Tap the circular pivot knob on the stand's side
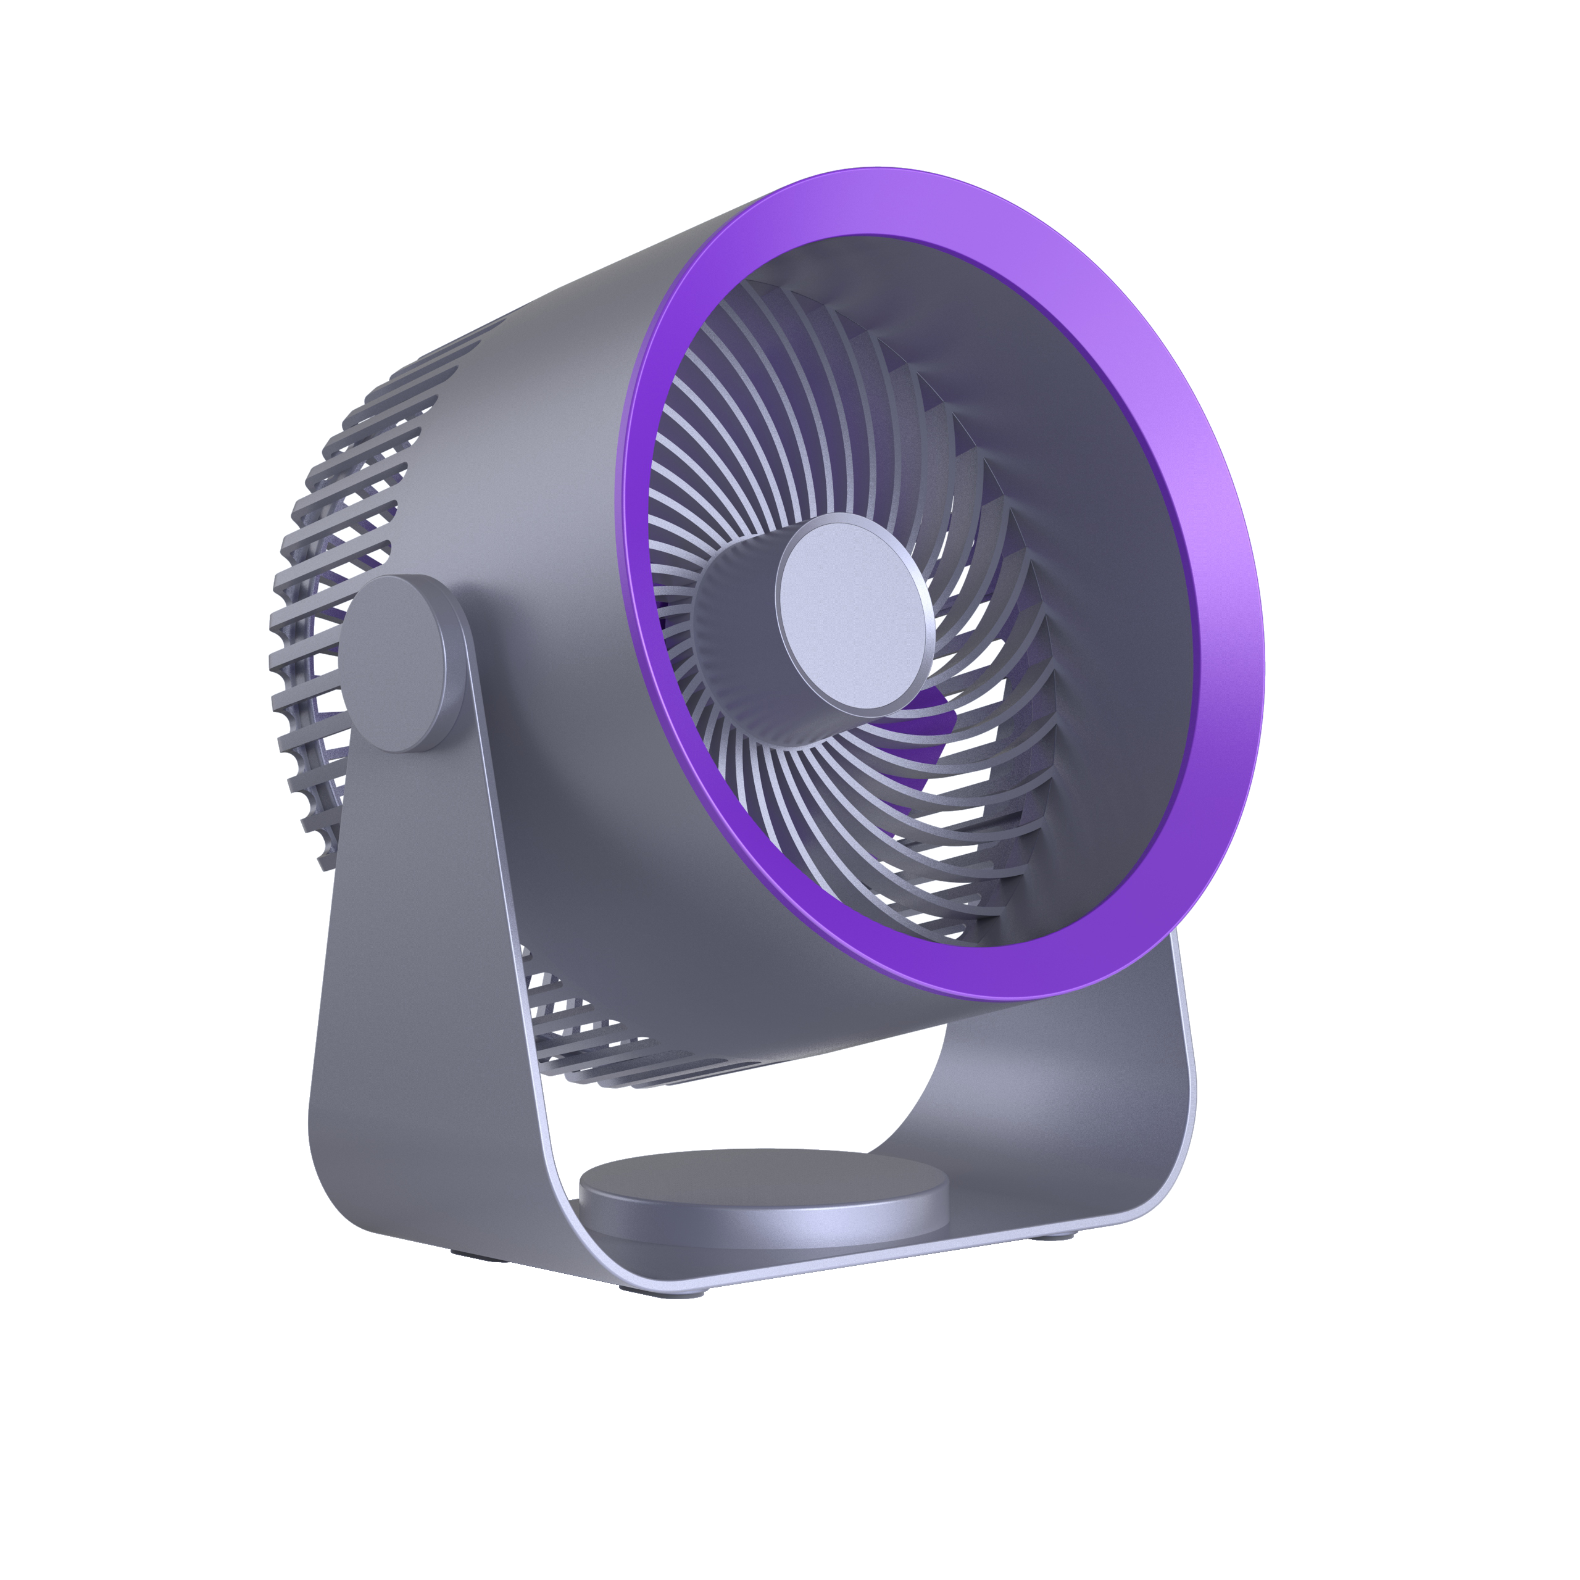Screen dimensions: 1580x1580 pyautogui.click(x=395, y=663)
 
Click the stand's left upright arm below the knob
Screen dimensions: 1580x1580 pyautogui.click(x=425, y=941)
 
